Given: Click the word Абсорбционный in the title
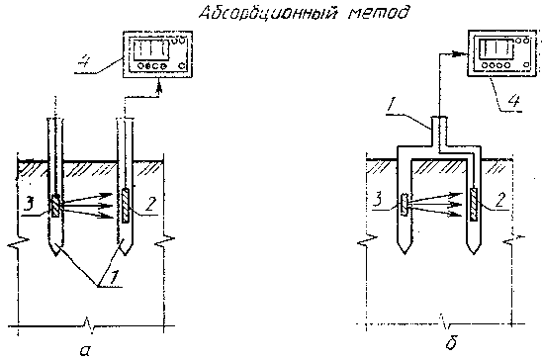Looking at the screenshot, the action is [268, 14].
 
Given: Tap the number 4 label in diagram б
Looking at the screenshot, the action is [514, 101].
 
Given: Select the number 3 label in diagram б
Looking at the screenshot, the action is [379, 200].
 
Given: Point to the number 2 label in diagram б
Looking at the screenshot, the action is [500, 199].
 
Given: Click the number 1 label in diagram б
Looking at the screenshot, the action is [392, 106].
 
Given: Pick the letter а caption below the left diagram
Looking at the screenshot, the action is [85, 350].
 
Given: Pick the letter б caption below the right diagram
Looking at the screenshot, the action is [452, 341].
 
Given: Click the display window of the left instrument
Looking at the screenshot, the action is [151, 49].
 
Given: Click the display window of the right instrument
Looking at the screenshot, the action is [497, 47].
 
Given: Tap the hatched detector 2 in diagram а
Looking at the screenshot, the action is [127, 206].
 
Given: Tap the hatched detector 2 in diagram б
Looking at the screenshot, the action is [474, 204].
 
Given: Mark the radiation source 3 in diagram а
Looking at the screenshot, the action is [55, 206].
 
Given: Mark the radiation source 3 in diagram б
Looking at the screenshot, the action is [405, 205].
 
